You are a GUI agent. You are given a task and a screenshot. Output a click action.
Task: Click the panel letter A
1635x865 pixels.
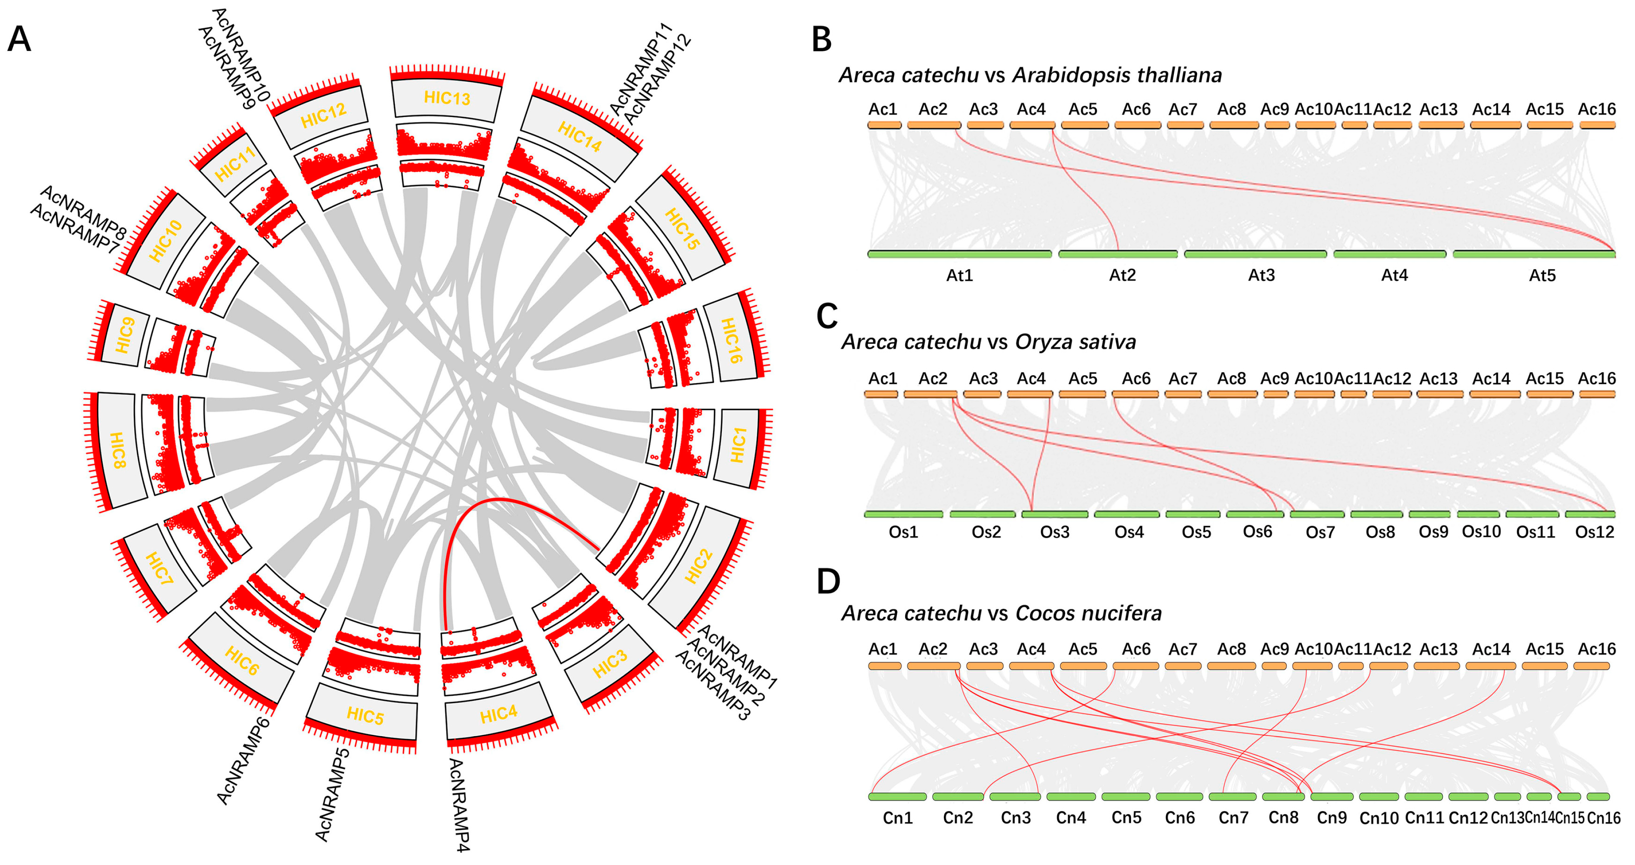tap(19, 39)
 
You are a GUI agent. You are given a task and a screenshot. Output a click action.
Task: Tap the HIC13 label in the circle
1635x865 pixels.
tap(447, 98)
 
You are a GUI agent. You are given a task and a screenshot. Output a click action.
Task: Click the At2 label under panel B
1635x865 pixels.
tap(1122, 275)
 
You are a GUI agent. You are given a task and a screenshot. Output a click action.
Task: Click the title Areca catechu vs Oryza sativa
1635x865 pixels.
tap(988, 342)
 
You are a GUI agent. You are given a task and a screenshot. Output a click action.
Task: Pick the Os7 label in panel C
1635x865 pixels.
tap(1320, 532)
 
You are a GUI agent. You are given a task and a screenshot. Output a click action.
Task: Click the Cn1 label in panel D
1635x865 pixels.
tap(897, 817)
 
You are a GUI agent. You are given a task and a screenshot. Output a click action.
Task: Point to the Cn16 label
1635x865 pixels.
tap(1603, 818)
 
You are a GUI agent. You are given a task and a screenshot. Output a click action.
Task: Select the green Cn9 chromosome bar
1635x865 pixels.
tap(1331, 796)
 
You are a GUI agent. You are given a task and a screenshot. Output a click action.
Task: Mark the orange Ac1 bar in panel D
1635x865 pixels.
tap(884, 666)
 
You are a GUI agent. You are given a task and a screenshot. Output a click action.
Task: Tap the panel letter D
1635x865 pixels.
tap(828, 581)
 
